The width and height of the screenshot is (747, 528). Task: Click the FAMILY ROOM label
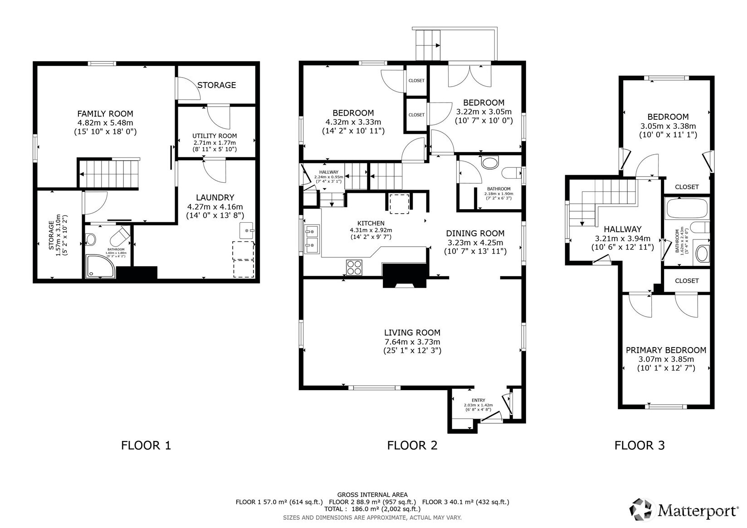click(105, 114)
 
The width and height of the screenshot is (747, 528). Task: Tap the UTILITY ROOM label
click(215, 136)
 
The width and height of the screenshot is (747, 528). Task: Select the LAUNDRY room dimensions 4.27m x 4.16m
click(215, 207)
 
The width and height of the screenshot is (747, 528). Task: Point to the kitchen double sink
click(312, 239)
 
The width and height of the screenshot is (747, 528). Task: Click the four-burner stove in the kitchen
click(354, 267)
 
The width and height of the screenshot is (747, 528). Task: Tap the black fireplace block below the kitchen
click(405, 275)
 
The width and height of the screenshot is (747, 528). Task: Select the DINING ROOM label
click(475, 233)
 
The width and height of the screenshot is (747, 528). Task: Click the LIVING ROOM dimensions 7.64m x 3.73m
click(412, 342)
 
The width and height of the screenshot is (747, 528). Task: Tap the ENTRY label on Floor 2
click(478, 400)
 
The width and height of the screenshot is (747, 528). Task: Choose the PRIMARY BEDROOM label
click(666, 350)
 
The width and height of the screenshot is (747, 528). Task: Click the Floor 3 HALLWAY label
click(622, 229)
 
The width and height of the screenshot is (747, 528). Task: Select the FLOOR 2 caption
click(412, 445)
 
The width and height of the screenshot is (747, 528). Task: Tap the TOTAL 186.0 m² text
click(372, 509)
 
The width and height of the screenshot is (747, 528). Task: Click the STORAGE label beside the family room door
click(216, 85)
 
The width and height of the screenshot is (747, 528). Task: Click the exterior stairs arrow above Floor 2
click(437, 45)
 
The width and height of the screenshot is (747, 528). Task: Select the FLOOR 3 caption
click(639, 445)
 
